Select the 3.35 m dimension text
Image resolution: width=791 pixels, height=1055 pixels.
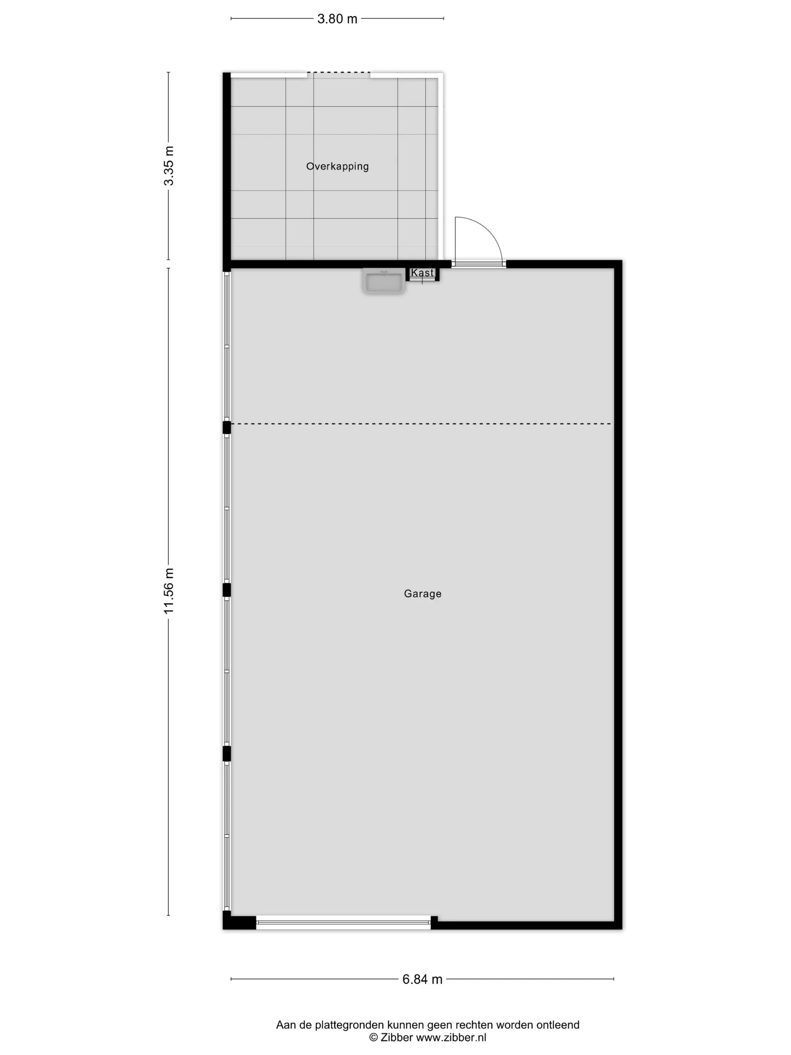(169, 166)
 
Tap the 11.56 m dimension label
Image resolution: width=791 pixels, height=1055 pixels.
(169, 591)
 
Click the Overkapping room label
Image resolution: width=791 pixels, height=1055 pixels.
(337, 167)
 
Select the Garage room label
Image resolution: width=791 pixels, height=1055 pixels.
(423, 594)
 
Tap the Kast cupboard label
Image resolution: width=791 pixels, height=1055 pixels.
(423, 273)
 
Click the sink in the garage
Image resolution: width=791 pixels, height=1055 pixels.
(384, 281)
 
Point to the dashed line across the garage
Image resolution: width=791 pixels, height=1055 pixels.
(421, 424)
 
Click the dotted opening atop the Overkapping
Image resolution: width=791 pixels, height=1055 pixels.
(339, 72)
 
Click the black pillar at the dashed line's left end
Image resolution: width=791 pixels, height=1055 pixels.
(227, 427)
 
